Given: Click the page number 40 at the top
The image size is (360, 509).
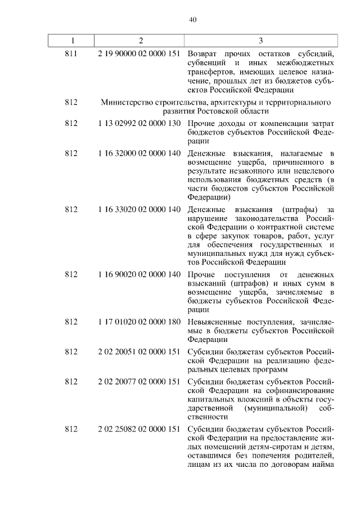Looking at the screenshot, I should (192, 19).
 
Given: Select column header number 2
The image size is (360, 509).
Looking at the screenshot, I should (141, 40).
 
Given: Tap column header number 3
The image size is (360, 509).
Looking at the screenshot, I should (260, 40).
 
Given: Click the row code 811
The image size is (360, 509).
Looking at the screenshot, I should (71, 54).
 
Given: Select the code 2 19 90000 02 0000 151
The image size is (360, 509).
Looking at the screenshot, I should (139, 54).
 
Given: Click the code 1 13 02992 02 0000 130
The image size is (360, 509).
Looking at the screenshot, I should (139, 123).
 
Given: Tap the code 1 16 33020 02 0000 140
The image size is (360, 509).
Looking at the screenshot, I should (139, 210).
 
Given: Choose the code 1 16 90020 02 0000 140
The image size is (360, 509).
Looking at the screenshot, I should (139, 274).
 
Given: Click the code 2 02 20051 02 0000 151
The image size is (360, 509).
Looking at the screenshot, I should (139, 350).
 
